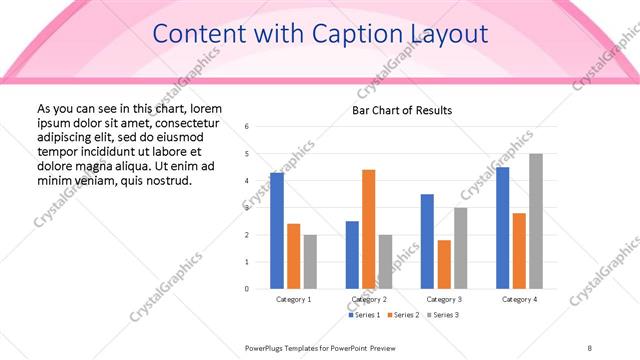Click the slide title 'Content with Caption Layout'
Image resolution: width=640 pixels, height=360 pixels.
click(x=320, y=35)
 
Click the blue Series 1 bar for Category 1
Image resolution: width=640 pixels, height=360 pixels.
click(x=277, y=230)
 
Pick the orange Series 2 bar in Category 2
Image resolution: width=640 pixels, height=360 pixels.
click(x=368, y=229)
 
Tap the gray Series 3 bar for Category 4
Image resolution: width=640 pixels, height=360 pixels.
click(x=536, y=221)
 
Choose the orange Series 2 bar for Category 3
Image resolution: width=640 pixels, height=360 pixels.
click(x=444, y=264)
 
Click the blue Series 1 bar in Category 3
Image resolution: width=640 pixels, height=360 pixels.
click(x=427, y=241)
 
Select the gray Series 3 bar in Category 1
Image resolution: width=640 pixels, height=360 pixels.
click(x=310, y=261)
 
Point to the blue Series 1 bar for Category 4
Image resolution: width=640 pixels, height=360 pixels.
click(x=502, y=228)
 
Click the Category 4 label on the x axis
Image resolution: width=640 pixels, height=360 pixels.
click(x=519, y=299)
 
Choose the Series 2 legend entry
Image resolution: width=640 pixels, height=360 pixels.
click(x=404, y=315)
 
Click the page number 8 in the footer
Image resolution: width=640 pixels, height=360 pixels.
click(x=590, y=347)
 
